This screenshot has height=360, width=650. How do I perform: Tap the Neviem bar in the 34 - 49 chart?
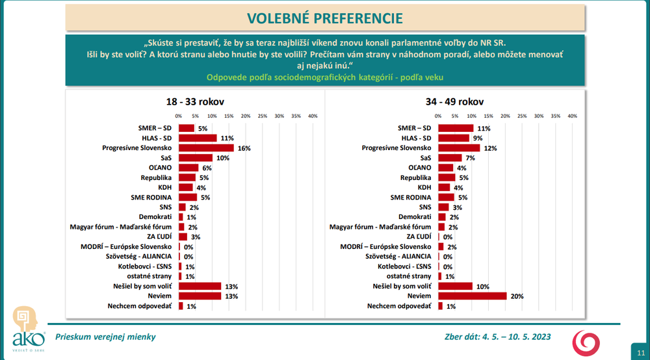[x=472, y=296]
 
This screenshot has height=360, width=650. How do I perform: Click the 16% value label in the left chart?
[x=244, y=148]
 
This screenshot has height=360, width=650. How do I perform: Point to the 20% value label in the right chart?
[x=517, y=296]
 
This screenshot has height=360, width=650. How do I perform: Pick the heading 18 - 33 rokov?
[x=196, y=101]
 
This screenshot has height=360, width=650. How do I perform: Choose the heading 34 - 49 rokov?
[x=456, y=101]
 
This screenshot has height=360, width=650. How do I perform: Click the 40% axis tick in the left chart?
[x=313, y=116]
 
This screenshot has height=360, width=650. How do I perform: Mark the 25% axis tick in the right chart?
[x=522, y=116]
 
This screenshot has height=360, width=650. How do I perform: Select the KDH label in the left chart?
[x=164, y=187]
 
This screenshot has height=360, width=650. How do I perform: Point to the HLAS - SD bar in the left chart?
[x=198, y=138]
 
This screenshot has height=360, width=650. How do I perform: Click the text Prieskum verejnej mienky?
[x=105, y=337]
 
